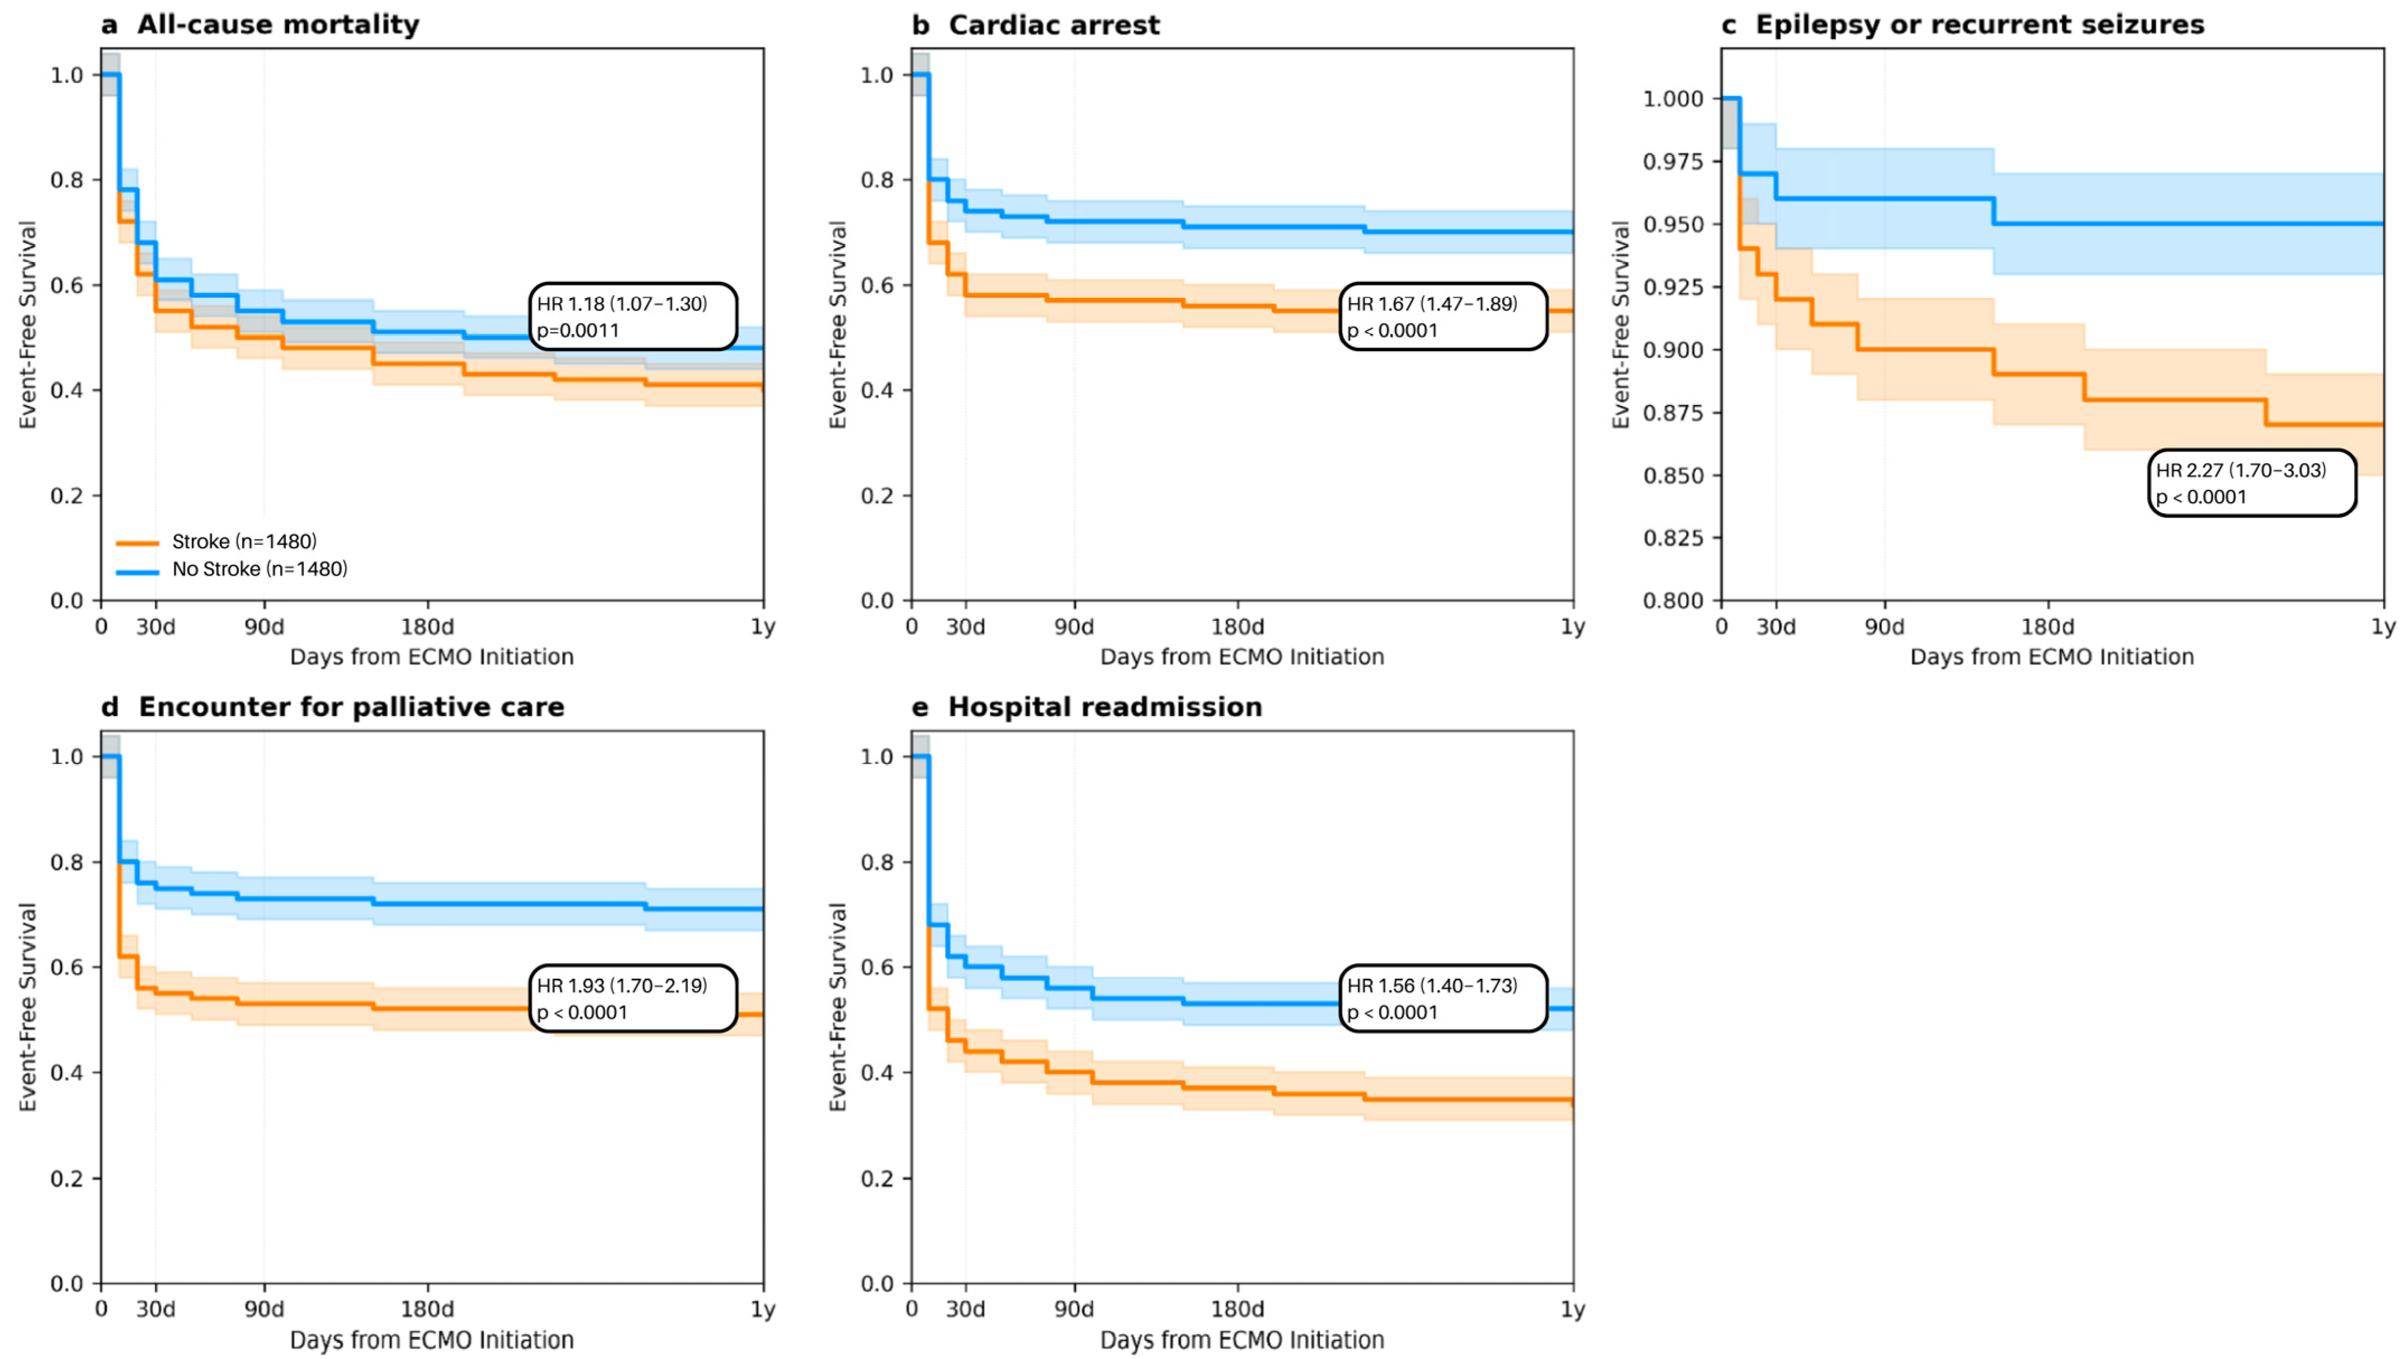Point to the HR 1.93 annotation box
[633, 998]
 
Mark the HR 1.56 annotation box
[1443, 998]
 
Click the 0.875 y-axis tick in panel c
[1673, 412]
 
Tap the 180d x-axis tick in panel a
[428, 626]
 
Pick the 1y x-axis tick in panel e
[1573, 1309]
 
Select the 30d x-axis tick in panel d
[155, 1309]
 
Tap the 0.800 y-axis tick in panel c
[1673, 600]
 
